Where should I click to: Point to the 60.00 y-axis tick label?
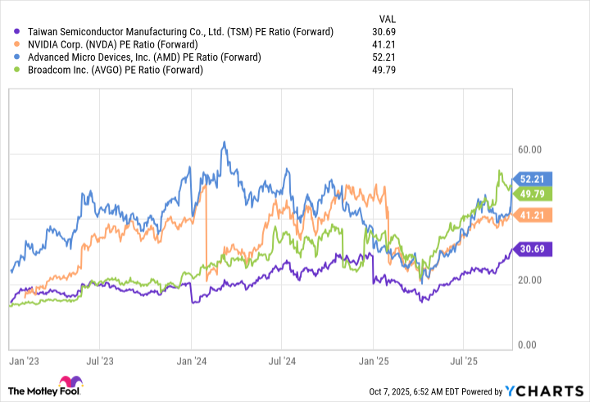pos(530,150)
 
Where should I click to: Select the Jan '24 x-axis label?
pos(191,359)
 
